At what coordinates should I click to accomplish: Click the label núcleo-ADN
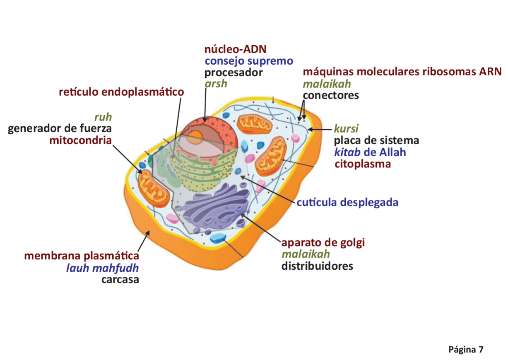click(235, 50)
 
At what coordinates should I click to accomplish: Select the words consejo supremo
click(249, 61)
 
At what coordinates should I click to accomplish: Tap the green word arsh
click(216, 83)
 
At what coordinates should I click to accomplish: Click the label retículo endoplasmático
click(121, 92)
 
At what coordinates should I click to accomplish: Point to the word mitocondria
click(80, 140)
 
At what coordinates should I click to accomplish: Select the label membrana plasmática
click(82, 256)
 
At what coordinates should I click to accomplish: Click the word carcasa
click(120, 279)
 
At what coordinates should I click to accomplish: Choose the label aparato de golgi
click(323, 242)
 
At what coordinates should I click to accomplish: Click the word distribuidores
click(317, 266)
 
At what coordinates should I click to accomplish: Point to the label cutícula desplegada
click(347, 203)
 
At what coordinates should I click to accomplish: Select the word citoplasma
click(363, 164)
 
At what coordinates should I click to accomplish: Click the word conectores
click(331, 95)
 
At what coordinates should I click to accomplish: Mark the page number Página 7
click(466, 349)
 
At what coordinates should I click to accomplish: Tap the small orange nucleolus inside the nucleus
click(196, 136)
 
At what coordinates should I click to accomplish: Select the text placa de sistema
click(376, 140)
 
